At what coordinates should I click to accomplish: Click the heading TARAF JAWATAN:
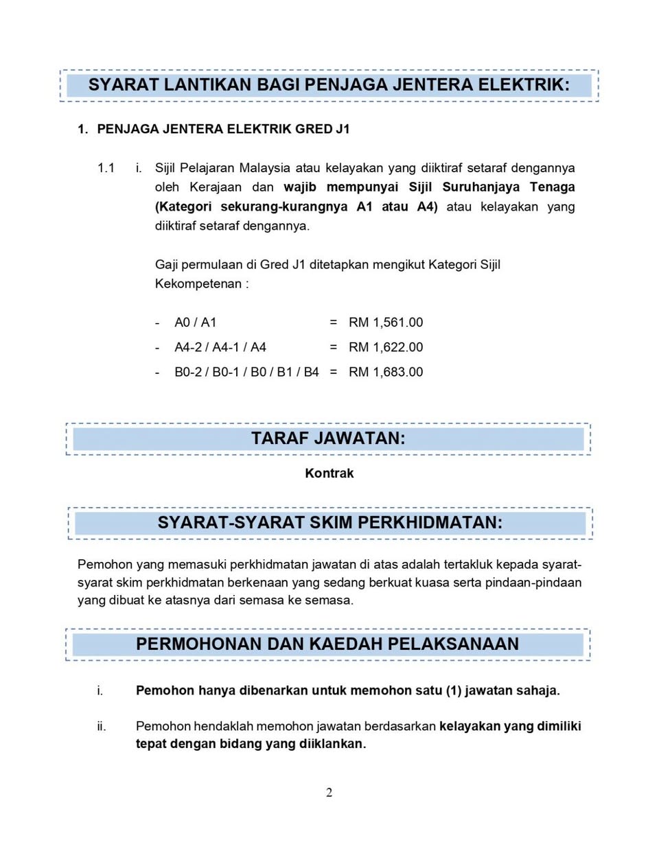328,439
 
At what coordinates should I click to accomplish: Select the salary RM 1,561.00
386,323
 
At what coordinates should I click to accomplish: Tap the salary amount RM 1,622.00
386,347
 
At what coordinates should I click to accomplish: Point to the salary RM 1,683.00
386,372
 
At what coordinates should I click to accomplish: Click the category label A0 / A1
196,323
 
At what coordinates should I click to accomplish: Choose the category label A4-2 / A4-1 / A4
220,347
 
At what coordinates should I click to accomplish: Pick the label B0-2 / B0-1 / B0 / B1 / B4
246,372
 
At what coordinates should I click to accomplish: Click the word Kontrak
329,474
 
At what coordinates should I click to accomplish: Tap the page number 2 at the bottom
329,793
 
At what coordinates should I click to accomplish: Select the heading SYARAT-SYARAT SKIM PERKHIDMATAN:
330,523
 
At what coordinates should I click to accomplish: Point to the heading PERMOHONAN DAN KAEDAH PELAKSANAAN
327,644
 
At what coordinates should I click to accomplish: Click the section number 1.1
106,168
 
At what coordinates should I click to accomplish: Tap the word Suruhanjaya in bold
481,187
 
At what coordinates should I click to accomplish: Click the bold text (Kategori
183,207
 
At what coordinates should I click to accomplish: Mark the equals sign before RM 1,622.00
334,347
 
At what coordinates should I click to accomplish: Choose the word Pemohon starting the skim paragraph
105,565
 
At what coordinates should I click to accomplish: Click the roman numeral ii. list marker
102,726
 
